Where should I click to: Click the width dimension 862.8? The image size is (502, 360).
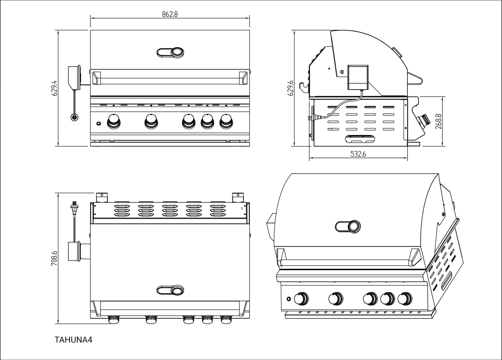coord(170,14)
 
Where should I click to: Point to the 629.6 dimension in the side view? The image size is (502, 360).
coord(290,88)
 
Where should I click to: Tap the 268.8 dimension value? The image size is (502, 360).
coord(439,121)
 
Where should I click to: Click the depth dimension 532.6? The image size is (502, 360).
coord(358,154)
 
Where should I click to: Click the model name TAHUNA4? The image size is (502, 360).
coord(73,340)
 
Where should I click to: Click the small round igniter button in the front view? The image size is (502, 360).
coord(98,124)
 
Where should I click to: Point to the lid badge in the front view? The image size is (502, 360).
coord(171,52)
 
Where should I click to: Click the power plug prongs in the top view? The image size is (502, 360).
coord(74,204)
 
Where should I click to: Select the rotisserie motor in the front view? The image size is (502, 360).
coord(74,77)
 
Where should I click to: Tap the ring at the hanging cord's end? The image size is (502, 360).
coord(74,117)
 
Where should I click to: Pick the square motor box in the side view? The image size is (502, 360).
coord(358,77)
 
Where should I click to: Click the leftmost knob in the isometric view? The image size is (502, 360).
coord(301,298)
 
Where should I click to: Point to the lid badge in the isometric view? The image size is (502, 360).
coord(348,226)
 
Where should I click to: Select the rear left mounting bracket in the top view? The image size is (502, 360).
coord(102,197)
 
